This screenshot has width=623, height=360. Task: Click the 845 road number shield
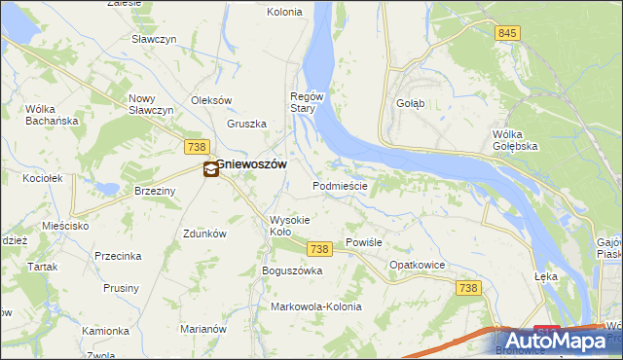(507, 33)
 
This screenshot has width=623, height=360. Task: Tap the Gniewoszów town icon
(210, 170)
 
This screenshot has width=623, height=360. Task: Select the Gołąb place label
(410, 103)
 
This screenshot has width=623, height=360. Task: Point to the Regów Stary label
(304, 102)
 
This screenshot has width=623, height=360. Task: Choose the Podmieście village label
(339, 185)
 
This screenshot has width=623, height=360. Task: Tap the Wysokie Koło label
(290, 226)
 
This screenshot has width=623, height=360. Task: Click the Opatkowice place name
(417, 265)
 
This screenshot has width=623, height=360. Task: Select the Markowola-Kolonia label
(315, 306)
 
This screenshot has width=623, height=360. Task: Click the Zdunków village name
(204, 234)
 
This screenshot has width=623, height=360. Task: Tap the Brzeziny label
(155, 192)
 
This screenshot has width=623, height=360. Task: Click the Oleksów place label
(211, 100)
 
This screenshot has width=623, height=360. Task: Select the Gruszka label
(247, 124)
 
